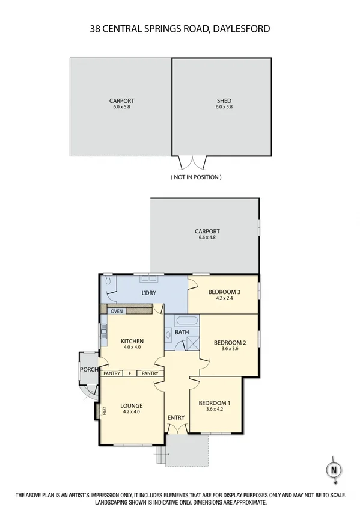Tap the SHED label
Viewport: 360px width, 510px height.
(x=224, y=101)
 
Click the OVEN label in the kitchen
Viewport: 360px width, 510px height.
(x=117, y=311)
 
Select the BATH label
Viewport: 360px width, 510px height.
(x=182, y=332)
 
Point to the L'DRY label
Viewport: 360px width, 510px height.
(x=148, y=293)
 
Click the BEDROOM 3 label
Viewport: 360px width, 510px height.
(x=224, y=293)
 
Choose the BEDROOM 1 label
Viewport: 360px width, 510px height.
(x=215, y=403)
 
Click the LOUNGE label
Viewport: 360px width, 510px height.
(x=130, y=405)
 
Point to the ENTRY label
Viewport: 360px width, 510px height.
(x=176, y=417)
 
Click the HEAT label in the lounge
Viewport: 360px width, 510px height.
(x=104, y=411)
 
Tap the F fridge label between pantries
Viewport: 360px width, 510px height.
(x=130, y=373)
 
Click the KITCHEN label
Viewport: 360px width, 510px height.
(x=132, y=341)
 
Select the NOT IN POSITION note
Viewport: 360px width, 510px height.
(x=196, y=177)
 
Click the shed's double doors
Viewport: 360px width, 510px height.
(x=194, y=162)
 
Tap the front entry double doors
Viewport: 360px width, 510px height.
(x=176, y=428)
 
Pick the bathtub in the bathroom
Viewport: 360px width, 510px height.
(x=182, y=321)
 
